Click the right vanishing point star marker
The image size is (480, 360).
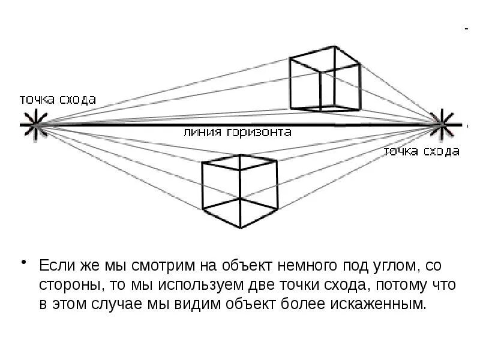(442, 124)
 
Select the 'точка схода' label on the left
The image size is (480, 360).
(58, 100)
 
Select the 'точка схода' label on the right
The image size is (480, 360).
(422, 151)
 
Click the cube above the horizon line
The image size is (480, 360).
(324, 79)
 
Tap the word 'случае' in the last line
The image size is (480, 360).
(115, 303)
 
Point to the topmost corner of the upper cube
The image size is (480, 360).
(334, 46)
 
